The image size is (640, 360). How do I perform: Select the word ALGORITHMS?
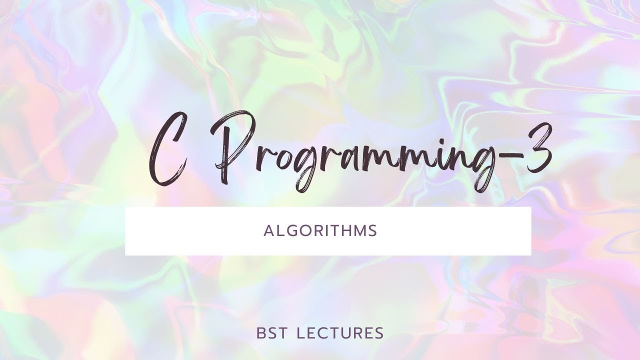click(x=320, y=231)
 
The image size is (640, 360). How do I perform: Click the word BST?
click(x=272, y=333)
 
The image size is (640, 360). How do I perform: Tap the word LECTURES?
click(x=340, y=333)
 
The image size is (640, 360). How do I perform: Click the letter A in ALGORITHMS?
click(x=267, y=231)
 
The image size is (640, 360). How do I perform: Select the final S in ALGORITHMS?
click(x=372, y=231)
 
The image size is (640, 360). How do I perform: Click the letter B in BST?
click(x=260, y=333)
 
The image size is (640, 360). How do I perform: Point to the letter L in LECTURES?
click(x=300, y=333)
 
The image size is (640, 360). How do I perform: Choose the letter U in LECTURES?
click(x=348, y=333)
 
